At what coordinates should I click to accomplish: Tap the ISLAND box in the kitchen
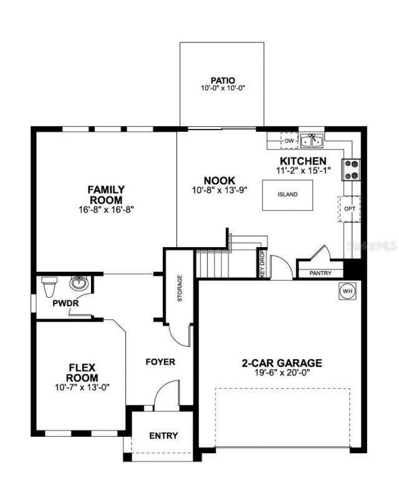click(287, 194)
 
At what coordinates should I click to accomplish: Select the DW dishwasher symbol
click(289, 141)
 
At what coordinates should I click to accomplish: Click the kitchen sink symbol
click(312, 141)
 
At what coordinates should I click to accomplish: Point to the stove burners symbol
click(350, 170)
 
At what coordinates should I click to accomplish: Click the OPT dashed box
click(350, 208)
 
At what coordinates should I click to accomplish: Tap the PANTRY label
click(320, 273)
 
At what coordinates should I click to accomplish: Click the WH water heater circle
click(347, 290)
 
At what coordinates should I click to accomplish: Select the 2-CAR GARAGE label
click(282, 363)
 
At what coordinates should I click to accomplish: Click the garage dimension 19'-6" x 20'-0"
click(282, 373)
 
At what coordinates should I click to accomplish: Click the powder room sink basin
click(78, 284)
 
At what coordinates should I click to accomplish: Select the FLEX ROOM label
click(82, 372)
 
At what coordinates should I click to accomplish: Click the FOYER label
click(160, 362)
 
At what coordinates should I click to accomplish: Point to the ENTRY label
click(163, 436)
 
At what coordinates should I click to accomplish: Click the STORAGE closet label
click(180, 289)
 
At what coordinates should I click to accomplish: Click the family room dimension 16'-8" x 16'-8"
click(106, 209)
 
